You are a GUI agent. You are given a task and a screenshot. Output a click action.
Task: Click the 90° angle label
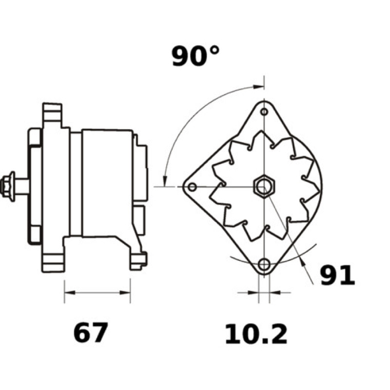tap(196, 56)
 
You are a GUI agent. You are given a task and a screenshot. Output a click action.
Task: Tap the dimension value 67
tap(91, 332)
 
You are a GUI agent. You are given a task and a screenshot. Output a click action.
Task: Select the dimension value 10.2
tap(256, 334)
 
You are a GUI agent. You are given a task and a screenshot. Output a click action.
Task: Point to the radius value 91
tap(337, 275)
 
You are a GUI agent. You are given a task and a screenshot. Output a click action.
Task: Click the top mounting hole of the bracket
tap(264, 112)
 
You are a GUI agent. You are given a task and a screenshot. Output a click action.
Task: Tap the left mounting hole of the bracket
tap(192, 187)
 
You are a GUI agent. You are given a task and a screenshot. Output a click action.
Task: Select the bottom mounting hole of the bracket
tap(264, 264)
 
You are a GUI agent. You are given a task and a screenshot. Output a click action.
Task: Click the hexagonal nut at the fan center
tap(264, 187)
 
